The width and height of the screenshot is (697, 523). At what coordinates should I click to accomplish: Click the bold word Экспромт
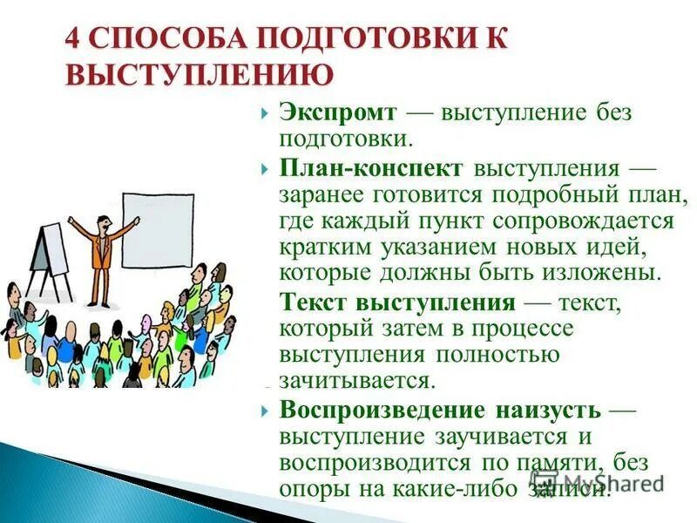tap(339, 113)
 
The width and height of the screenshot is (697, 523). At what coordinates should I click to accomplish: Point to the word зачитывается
tap(355, 381)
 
